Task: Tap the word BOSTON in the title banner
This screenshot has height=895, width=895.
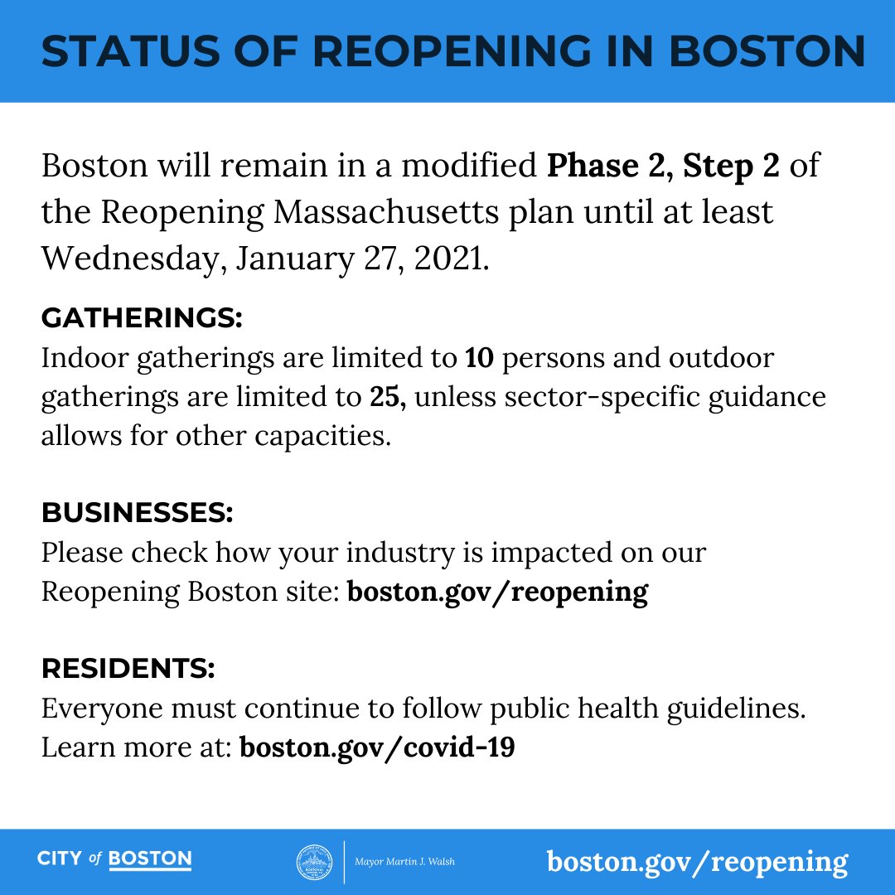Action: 767,51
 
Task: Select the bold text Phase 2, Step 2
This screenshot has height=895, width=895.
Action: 663,166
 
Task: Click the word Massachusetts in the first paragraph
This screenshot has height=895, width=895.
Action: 385,212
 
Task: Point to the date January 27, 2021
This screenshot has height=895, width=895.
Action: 363,259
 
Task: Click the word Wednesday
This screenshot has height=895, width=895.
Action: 133,259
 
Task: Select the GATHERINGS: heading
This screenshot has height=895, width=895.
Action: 142,317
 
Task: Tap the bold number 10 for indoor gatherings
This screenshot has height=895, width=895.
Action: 479,358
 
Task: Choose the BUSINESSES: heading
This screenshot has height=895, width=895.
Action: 138,512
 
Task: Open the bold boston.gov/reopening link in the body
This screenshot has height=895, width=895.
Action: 497,592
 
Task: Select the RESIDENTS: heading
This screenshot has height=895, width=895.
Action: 128,668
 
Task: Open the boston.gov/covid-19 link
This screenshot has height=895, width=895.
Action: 377,747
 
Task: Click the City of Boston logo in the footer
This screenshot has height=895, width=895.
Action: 114,859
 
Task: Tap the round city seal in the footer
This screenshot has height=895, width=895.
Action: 314,862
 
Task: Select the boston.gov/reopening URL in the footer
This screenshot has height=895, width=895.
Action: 697,862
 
